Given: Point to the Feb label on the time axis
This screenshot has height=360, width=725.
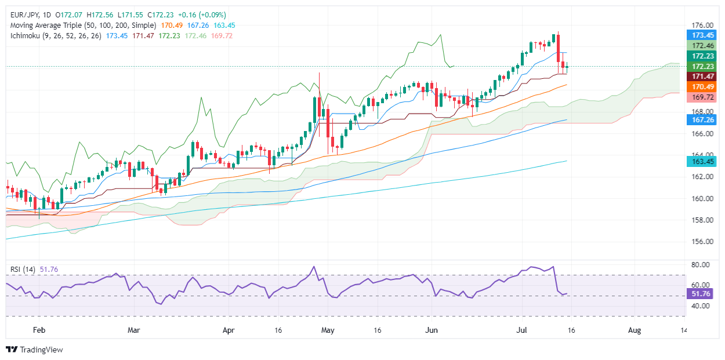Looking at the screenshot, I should (39, 330).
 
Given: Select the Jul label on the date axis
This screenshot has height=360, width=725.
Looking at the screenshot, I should (521, 330).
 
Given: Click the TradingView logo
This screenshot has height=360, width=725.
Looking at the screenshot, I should (35, 350).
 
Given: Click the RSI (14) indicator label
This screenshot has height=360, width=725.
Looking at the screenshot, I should (24, 269).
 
